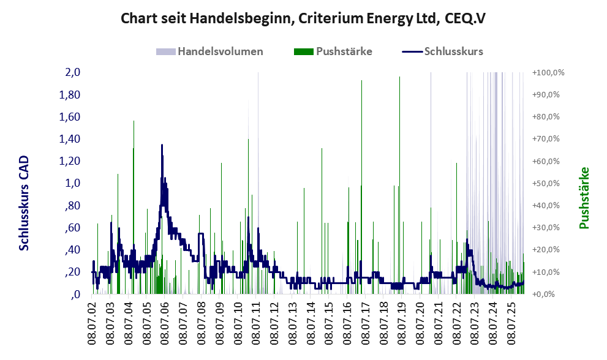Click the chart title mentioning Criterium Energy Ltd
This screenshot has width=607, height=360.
pyautogui.click(x=303, y=18)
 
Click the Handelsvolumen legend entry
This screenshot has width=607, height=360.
pyautogui.click(x=209, y=51)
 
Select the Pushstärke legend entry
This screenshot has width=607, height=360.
pyautogui.click(x=333, y=51)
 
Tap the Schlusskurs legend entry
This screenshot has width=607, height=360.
pyautogui.click(x=442, y=51)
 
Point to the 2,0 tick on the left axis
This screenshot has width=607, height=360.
pyautogui.click(x=72, y=72)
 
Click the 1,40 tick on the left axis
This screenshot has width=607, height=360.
pyautogui.click(x=70, y=139)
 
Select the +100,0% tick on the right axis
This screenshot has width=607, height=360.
pyautogui.click(x=549, y=72)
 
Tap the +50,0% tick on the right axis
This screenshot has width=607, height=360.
pyautogui.click(x=546, y=183)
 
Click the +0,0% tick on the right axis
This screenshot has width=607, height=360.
pyautogui.click(x=544, y=294)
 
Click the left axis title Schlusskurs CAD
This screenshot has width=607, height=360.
pyautogui.click(x=24, y=203)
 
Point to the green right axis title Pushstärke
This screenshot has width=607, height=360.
pyautogui.click(x=584, y=198)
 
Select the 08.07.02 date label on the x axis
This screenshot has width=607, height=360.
pyautogui.click(x=92, y=321)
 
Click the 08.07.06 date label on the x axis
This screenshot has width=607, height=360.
pyautogui.click(x=165, y=321)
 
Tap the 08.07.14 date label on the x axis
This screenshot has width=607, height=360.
pyautogui.click(x=310, y=321)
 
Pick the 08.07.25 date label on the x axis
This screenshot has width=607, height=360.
pyautogui.click(x=511, y=321)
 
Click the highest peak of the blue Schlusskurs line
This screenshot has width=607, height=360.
pyautogui.click(x=162, y=144)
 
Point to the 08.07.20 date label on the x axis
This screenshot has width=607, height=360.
pyautogui.click(x=420, y=321)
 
